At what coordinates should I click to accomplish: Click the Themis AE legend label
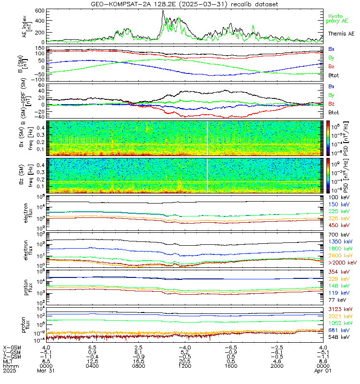341,34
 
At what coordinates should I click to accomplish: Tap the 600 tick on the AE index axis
40,11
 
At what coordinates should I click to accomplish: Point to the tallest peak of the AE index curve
163,11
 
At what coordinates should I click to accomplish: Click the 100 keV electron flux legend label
339,198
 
